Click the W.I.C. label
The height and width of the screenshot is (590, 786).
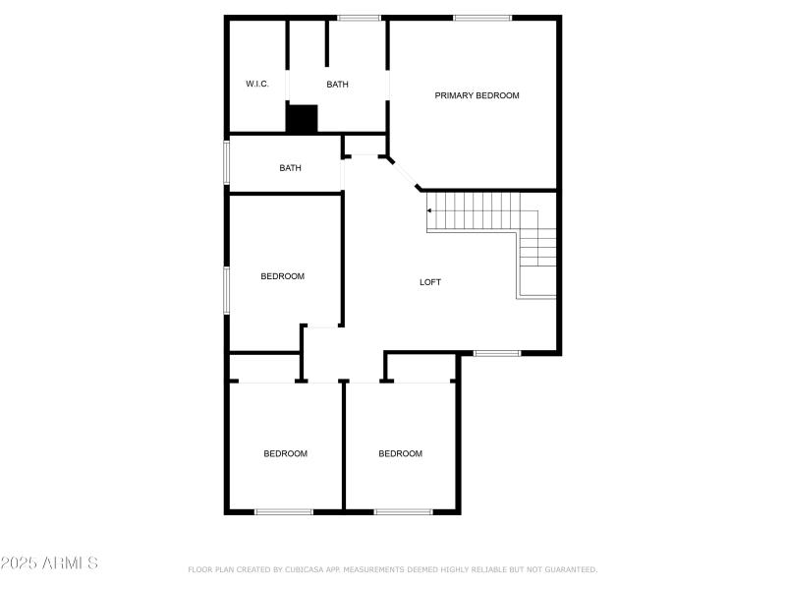pos(257,85)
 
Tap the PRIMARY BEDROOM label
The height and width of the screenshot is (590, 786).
pos(477,95)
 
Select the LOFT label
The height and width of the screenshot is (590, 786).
pos(430,282)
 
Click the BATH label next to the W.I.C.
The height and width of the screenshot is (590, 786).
pos(337,85)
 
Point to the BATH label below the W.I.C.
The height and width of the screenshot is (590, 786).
pos(290,168)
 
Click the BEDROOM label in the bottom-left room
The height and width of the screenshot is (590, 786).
pos(285,453)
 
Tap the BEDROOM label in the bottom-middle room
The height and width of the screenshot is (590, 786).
pos(401,453)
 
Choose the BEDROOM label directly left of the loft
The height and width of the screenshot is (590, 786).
pos(282,276)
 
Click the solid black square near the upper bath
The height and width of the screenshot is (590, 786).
pos(303,119)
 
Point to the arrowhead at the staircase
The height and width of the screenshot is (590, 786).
pos(429,210)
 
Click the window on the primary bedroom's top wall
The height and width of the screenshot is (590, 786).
pos(482,18)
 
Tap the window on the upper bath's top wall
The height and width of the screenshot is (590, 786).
pos(359,18)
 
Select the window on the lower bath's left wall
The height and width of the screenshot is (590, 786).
pos(227,163)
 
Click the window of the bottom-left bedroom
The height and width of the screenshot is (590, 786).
pos(284,511)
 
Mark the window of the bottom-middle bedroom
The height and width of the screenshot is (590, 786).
pos(403,511)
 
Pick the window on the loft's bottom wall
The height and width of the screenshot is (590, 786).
pos(496,353)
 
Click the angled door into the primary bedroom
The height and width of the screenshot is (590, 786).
pos(405,172)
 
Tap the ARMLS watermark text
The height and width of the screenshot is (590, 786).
pos(49,563)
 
